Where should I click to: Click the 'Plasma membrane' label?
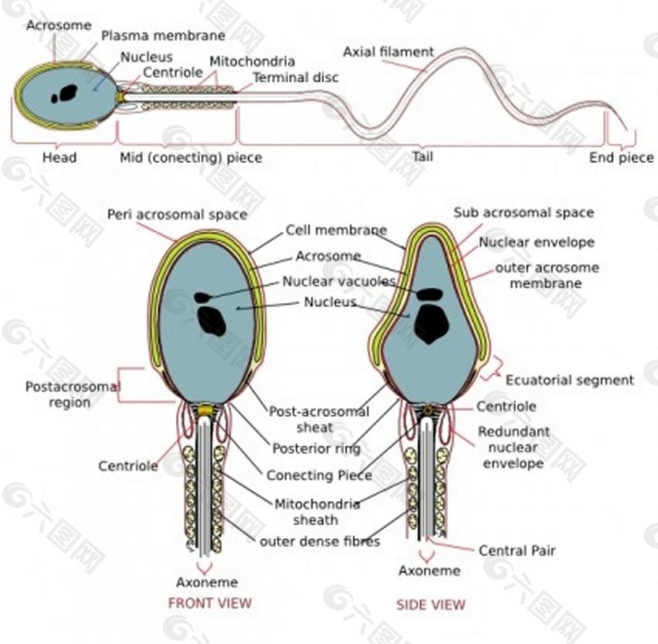pos(163,36)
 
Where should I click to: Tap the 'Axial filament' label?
pos(388,52)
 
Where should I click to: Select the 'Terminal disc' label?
pos(295,77)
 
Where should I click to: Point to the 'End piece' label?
pos(621,158)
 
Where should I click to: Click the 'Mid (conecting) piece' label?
pos(191,158)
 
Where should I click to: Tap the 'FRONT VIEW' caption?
pos(210,604)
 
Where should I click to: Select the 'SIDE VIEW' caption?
pos(431,604)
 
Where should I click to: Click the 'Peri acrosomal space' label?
pos(177,215)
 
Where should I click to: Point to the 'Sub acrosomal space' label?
pos(524,213)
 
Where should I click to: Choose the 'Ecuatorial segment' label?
pos(570,381)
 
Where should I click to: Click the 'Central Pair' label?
pos(517,551)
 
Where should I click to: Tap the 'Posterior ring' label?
pos(317,449)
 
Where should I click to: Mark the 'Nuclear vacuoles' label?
pos(339,281)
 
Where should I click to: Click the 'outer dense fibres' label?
pos(320,542)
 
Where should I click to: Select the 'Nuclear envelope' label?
pos(537,242)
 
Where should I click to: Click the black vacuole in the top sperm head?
pos(64,94)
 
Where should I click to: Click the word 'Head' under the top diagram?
pos(60,158)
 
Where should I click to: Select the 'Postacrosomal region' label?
pos(72,394)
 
